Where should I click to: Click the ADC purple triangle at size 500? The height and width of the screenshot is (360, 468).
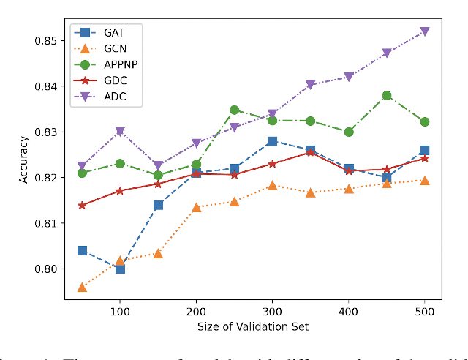[424, 31]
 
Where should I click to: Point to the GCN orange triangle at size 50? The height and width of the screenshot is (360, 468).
[82, 287]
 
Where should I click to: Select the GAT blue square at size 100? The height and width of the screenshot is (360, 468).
[120, 269]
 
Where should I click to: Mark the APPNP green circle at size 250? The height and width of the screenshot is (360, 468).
[234, 110]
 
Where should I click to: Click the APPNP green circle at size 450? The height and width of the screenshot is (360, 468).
[386, 95]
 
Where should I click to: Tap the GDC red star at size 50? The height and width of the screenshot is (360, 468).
[82, 206]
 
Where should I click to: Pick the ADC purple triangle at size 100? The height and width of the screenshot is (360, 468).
[120, 132]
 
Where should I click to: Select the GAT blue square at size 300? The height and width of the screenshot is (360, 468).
[272, 141]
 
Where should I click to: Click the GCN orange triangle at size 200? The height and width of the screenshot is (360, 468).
[196, 207]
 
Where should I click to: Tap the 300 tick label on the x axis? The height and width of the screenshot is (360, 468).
[272, 312]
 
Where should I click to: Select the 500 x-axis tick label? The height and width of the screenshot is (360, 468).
[424, 312]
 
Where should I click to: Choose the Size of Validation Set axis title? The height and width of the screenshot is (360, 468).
[253, 326]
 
